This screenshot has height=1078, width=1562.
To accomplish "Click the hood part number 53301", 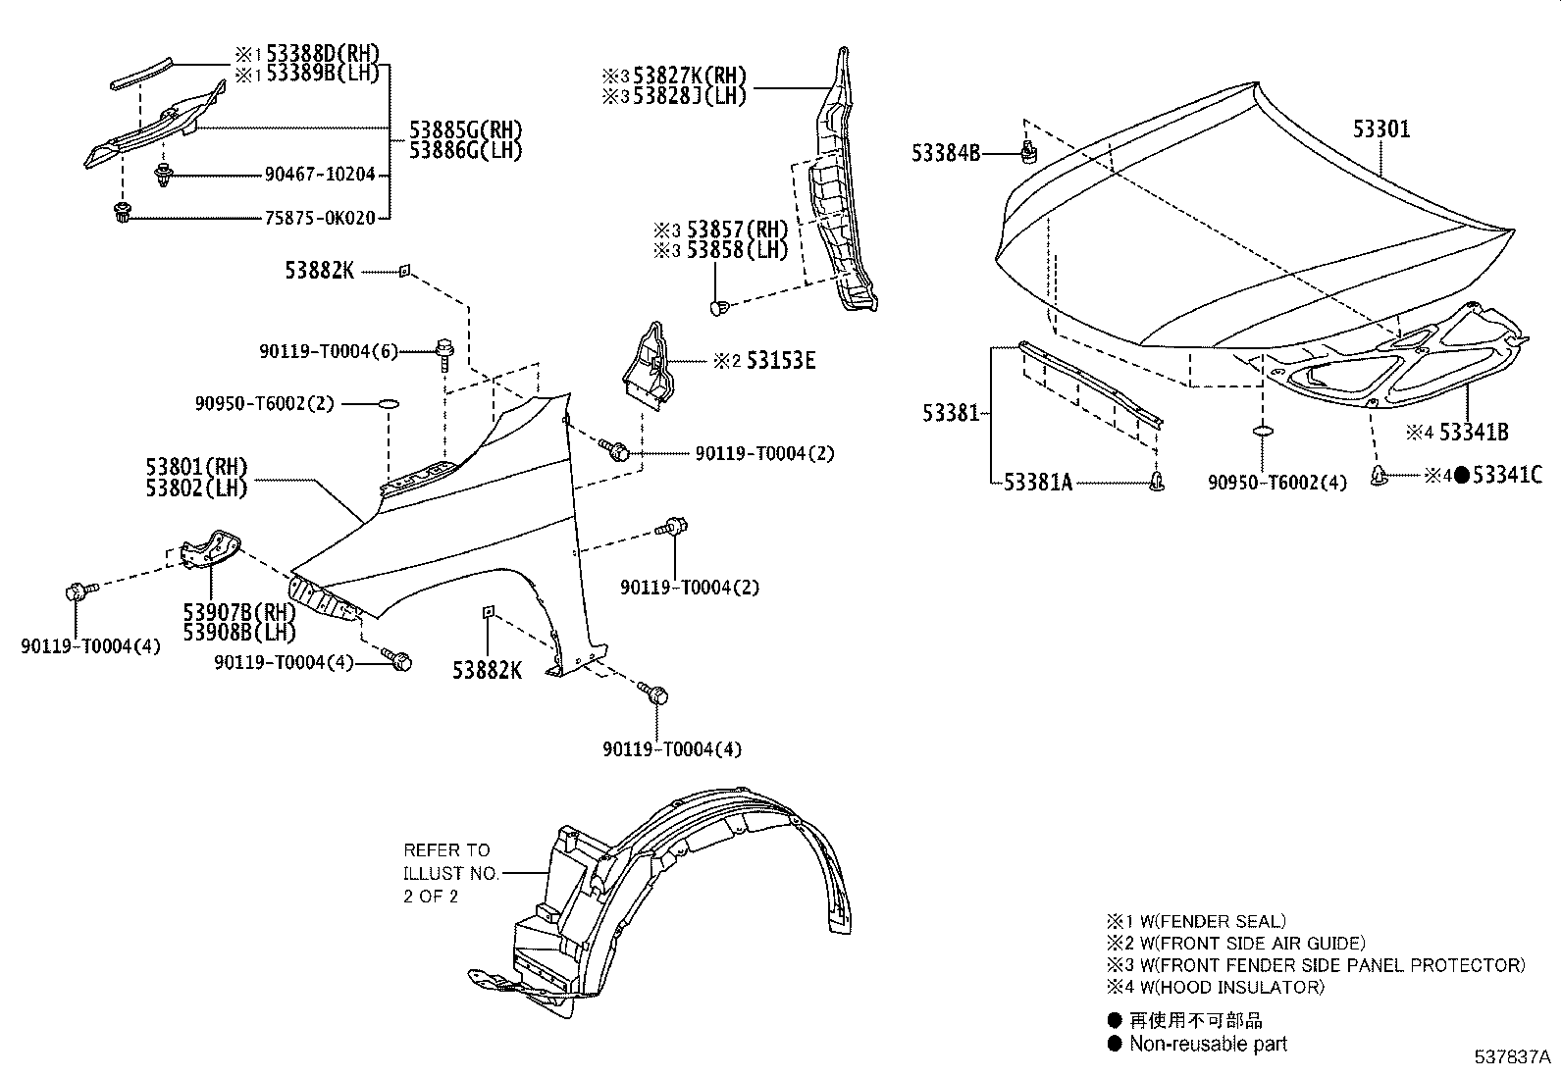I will (x=1381, y=128).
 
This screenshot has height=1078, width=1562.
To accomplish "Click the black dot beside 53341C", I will (x=1461, y=476).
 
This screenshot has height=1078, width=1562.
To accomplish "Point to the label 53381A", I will (x=1038, y=482).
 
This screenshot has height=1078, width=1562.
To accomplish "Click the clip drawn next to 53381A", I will (x=1159, y=481).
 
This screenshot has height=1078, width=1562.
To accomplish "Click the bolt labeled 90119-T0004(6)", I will (x=444, y=350).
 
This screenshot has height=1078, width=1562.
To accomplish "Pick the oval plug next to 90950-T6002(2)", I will (x=389, y=402).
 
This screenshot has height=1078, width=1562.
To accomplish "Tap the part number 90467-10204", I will (x=320, y=174).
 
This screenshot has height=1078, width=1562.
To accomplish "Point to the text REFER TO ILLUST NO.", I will (x=446, y=861).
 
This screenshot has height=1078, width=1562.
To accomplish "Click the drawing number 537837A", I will (x=1512, y=1057).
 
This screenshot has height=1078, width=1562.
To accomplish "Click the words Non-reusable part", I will (x=1208, y=1044).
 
